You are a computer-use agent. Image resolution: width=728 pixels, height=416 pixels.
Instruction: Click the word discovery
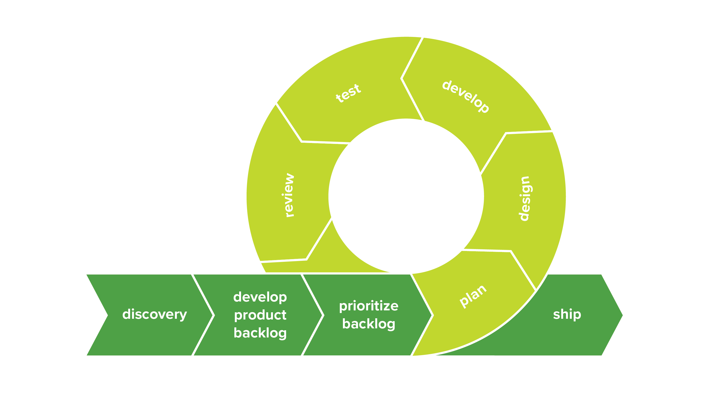[x=155, y=314]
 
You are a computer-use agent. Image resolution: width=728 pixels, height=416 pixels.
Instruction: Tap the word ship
[x=567, y=314]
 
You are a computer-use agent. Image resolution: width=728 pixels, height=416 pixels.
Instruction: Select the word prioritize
[x=369, y=306]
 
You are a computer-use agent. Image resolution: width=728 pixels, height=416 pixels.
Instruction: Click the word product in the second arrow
[x=260, y=315]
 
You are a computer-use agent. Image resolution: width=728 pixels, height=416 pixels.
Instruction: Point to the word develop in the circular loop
[x=466, y=97]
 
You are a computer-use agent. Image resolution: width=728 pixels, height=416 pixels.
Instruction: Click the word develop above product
[x=260, y=297]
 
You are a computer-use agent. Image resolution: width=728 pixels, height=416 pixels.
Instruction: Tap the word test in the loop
[x=348, y=93]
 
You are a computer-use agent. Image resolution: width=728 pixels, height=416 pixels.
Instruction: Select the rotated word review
[x=288, y=195]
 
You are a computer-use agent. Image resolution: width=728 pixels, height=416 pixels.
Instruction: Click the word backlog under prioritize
[x=369, y=324]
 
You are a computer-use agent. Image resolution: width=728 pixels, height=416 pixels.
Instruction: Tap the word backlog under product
[x=260, y=333]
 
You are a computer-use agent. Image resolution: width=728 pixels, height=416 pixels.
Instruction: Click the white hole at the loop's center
[x=406, y=196]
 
